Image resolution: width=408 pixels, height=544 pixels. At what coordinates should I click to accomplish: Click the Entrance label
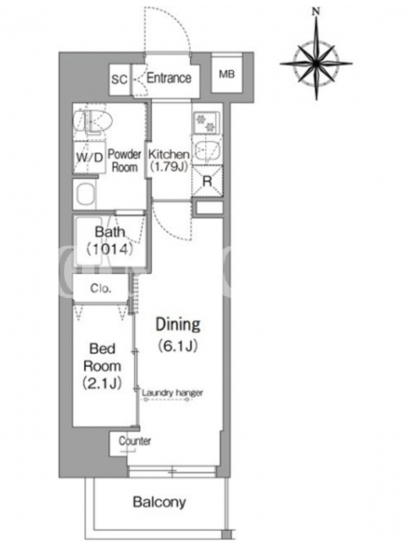pos(169,78)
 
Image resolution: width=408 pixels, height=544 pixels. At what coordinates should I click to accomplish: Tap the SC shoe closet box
pos(120,80)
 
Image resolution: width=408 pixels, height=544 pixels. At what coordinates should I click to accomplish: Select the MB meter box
pos(226,73)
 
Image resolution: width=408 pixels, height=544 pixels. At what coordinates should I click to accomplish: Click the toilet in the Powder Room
pos(92,122)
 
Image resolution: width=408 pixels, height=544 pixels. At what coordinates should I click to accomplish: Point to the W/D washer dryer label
pos(90,158)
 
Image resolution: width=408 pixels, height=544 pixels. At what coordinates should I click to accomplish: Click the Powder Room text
pos(124,160)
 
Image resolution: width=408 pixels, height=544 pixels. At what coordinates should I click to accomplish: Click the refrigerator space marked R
pos(207,182)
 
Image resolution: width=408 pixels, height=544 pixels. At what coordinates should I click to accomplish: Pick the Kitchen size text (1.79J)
pos(169,167)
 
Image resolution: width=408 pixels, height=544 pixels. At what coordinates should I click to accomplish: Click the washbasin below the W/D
pos(86,194)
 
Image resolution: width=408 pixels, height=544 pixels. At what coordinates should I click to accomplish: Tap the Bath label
pos(109,231)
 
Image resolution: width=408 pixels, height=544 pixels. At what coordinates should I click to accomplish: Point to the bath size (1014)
pos(109,249)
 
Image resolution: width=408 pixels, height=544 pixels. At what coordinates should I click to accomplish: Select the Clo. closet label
pos(101,288)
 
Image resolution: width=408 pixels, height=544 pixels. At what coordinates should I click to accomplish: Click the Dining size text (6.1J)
pos(178,345)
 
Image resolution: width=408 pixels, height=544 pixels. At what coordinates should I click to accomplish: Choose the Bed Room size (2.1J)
pos(102,383)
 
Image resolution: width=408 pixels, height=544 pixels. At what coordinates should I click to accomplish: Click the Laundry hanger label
pos(173,393)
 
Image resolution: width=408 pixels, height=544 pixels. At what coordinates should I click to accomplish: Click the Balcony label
pos(159,502)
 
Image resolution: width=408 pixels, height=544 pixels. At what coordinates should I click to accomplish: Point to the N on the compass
pos(316,12)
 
